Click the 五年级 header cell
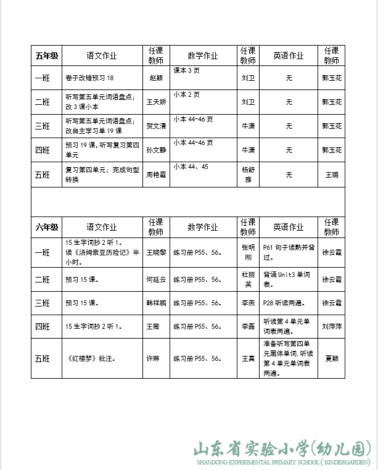click(47, 56)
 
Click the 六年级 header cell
click(47, 228)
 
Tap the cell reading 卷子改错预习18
click(90, 78)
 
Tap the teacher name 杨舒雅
click(247, 175)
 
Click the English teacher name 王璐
click(332, 175)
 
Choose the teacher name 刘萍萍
click(332, 325)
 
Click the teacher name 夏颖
click(332, 358)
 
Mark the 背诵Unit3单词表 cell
click(289, 279)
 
